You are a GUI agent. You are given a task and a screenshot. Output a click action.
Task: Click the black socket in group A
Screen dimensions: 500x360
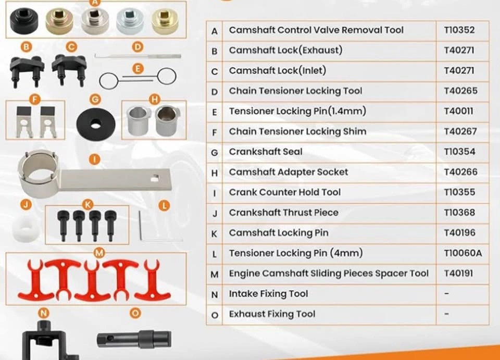[x=24, y=21]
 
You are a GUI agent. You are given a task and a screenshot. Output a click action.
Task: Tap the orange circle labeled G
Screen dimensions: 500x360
[x=95, y=100]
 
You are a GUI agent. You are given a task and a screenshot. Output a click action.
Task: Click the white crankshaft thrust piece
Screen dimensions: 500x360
[x=26, y=229]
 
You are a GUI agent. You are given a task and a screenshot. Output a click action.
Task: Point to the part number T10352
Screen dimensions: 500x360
[x=459, y=30]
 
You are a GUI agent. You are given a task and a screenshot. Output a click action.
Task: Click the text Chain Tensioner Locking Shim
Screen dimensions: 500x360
[x=297, y=131]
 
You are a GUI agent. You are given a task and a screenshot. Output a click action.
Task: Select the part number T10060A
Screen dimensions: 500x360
[x=463, y=253]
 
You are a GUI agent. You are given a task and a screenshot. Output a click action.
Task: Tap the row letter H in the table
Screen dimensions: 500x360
[x=215, y=173]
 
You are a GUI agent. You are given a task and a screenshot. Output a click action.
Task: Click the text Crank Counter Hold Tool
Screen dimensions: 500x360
[x=285, y=192]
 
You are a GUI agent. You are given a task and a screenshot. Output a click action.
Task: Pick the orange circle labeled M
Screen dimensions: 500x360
[x=99, y=253]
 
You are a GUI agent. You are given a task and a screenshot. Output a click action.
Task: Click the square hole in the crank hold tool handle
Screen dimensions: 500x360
[x=155, y=178]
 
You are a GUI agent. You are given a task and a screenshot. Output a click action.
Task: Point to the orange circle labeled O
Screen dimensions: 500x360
[x=135, y=313]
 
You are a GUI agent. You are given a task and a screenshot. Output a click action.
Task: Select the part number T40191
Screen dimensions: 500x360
[x=458, y=274]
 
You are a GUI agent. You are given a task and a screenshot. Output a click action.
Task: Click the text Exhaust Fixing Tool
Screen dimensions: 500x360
[x=272, y=314]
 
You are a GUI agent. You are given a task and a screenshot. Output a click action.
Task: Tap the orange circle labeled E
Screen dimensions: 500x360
[x=137, y=69]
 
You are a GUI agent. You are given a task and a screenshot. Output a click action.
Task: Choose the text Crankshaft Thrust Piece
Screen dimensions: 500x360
[x=283, y=213]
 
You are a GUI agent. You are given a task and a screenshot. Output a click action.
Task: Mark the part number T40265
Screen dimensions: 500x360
[x=460, y=91]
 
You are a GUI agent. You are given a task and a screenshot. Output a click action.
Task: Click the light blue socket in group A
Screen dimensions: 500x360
[x=130, y=21]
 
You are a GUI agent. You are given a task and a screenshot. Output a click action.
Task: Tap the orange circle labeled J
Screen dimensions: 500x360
[x=26, y=204]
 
